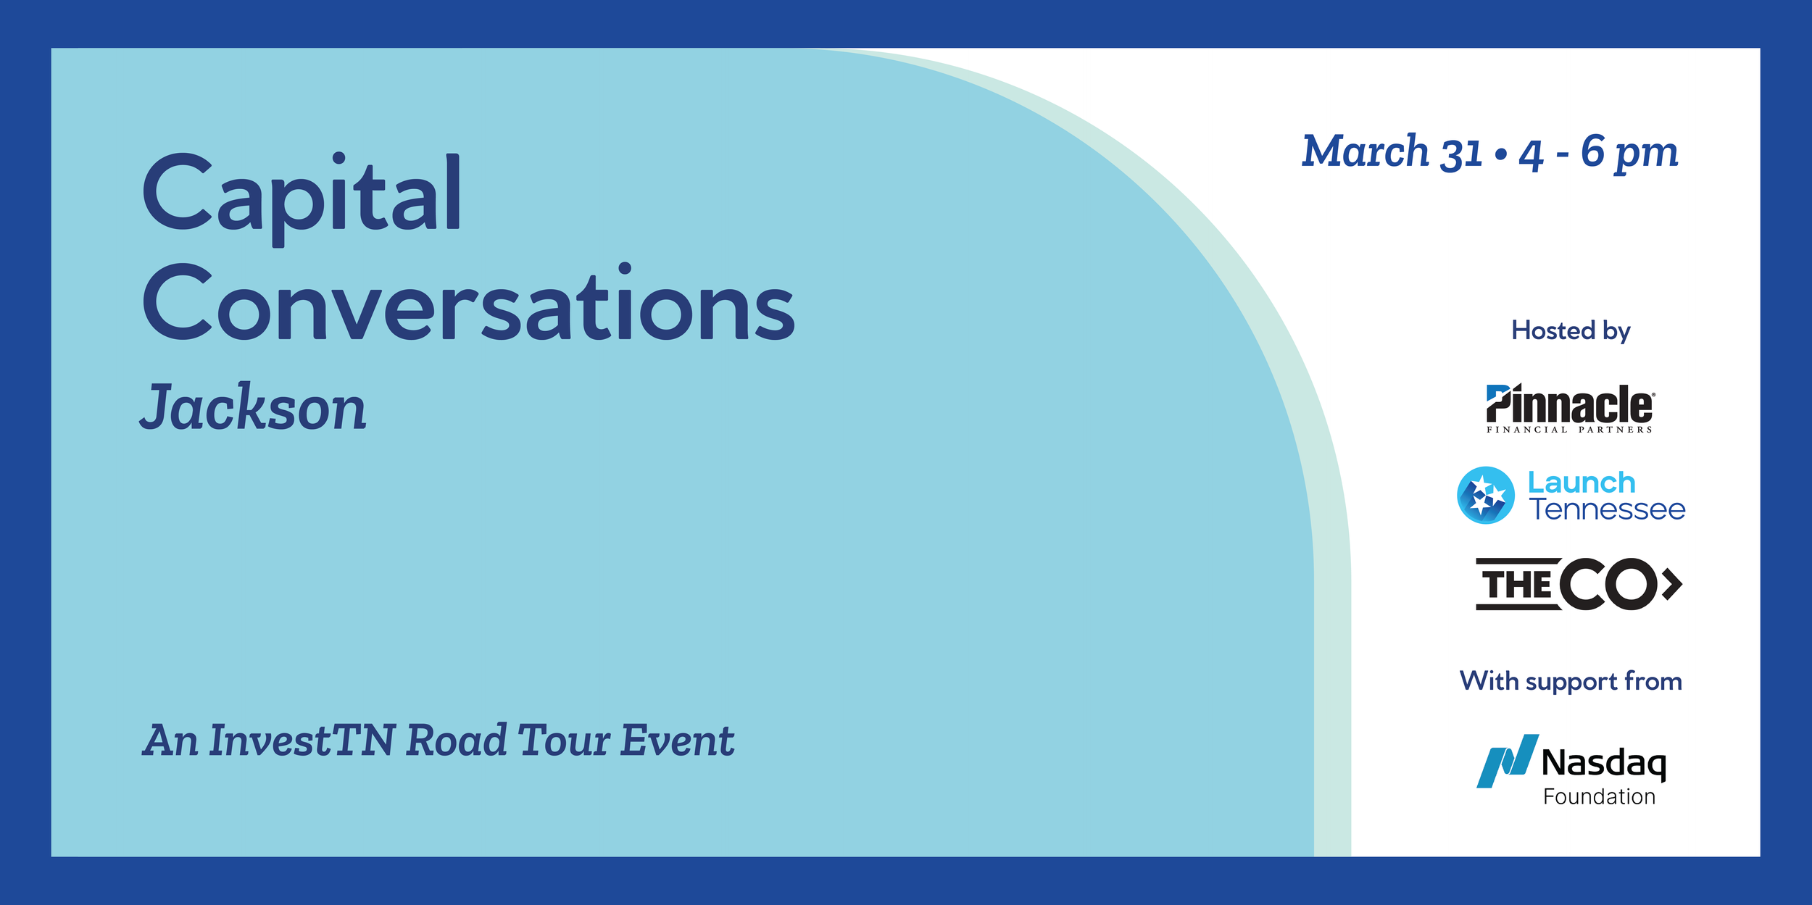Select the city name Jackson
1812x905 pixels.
click(x=253, y=409)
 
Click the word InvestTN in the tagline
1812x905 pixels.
click(x=302, y=741)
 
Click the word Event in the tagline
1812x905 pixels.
click(x=677, y=741)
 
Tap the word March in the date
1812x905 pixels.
click(x=1365, y=152)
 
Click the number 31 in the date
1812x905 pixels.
click(x=1461, y=154)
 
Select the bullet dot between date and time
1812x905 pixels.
click(x=1501, y=154)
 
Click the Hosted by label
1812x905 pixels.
click(x=1571, y=330)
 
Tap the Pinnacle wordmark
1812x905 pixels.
click(x=1570, y=404)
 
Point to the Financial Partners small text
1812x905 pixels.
click(x=1570, y=430)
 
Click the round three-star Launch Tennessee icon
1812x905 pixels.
click(x=1486, y=496)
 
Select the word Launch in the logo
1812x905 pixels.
click(x=1582, y=483)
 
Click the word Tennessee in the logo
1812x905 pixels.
click(x=1608, y=509)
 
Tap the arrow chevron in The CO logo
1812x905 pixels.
click(x=1673, y=585)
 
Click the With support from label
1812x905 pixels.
click(x=1571, y=681)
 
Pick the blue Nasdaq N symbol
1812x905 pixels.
click(x=1507, y=762)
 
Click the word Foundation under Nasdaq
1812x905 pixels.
click(x=1599, y=797)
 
